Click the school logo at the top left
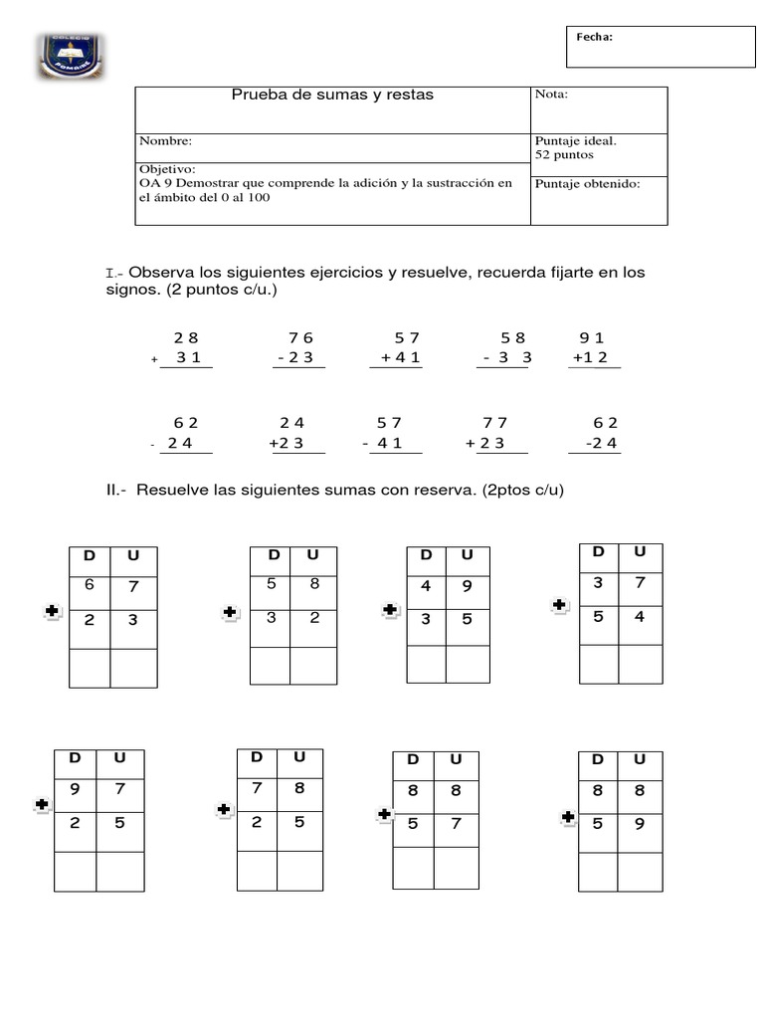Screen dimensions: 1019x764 click(x=71, y=57)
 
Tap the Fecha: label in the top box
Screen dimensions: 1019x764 click(x=594, y=38)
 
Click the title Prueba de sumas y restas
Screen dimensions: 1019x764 click(x=332, y=96)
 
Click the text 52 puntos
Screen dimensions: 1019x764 click(x=563, y=156)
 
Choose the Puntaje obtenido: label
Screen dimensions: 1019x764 click(x=587, y=183)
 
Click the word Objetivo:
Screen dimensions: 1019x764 click(x=167, y=170)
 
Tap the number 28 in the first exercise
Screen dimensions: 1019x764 click(x=186, y=338)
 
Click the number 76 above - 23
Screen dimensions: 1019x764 click(x=300, y=338)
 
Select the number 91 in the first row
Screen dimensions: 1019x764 click(x=593, y=338)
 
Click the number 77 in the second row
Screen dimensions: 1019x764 click(x=495, y=423)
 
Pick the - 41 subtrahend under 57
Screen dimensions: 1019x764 click(x=384, y=444)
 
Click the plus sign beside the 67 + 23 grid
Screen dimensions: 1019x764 click(x=53, y=614)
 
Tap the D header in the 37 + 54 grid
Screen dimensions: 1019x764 click(x=598, y=552)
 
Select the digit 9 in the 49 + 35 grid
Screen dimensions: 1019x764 click(x=468, y=586)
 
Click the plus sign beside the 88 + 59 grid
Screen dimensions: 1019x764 click(x=567, y=818)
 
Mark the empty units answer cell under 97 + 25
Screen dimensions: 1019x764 click(x=120, y=872)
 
